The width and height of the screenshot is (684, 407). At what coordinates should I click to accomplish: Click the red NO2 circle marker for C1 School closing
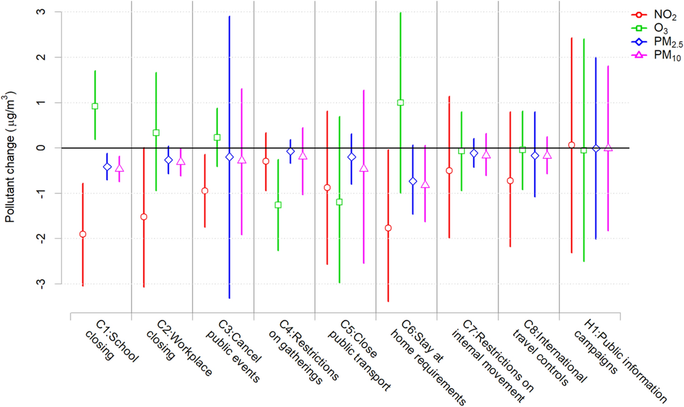pyautogui.click(x=82, y=234)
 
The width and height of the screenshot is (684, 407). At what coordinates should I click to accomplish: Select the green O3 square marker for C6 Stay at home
pyautogui.click(x=400, y=103)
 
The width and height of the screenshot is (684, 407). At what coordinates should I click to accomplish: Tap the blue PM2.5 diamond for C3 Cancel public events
pyautogui.click(x=230, y=157)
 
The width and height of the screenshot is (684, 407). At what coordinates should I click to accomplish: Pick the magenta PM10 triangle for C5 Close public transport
pyautogui.click(x=363, y=168)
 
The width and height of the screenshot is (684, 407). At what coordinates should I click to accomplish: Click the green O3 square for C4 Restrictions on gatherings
pyautogui.click(x=278, y=205)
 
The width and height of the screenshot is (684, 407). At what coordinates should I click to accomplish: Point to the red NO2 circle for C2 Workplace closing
pyautogui.click(x=144, y=217)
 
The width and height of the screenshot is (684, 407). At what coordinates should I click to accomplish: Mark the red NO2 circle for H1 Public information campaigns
pyautogui.click(x=572, y=145)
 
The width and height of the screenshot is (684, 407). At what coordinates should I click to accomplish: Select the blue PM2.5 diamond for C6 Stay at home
pyautogui.click(x=413, y=181)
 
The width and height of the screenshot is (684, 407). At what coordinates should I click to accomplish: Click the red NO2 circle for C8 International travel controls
pyautogui.click(x=510, y=181)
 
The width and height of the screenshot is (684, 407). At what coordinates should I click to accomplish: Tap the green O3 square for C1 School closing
pyautogui.click(x=95, y=106)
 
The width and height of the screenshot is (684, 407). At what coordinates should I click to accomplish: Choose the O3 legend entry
pyautogui.click(x=660, y=29)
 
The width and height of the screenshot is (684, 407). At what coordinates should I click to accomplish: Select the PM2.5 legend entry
pyautogui.click(x=668, y=42)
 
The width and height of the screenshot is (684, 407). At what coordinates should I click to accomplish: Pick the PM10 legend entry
pyautogui.click(x=667, y=56)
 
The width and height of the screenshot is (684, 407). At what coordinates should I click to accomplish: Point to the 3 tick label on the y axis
pyautogui.click(x=41, y=12)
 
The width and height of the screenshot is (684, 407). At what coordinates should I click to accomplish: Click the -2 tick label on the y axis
pyautogui.click(x=41, y=238)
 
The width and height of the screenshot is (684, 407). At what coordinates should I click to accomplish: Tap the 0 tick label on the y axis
pyautogui.click(x=41, y=148)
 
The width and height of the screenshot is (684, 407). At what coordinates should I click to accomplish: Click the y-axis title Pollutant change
pyautogui.click(x=10, y=157)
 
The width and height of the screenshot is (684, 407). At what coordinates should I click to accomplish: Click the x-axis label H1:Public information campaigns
pyautogui.click(x=619, y=360)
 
